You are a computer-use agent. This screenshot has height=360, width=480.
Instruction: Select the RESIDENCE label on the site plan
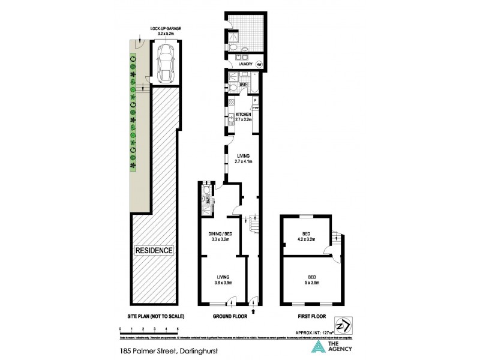[154, 250]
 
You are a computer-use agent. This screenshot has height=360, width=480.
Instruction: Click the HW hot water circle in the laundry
[259, 64]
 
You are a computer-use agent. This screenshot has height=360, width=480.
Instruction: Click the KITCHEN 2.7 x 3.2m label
[243, 116]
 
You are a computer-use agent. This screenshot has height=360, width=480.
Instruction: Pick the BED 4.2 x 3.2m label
[306, 236]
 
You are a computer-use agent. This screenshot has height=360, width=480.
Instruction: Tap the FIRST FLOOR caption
[307, 316]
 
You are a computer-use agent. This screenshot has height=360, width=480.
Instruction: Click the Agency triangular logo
[316, 346]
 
